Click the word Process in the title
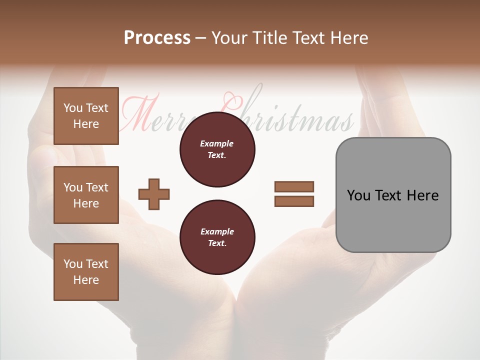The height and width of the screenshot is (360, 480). pyautogui.click(x=157, y=38)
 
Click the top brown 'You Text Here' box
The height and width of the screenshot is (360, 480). pyautogui.click(x=86, y=116)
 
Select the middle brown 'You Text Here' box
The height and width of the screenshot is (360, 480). pyautogui.click(x=86, y=195)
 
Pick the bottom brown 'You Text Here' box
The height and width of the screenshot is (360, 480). pyautogui.click(x=86, y=272)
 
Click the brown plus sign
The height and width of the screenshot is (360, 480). pyautogui.click(x=154, y=193)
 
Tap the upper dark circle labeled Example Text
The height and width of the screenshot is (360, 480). pyautogui.click(x=217, y=149)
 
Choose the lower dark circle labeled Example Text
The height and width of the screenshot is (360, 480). pyautogui.click(x=217, y=237)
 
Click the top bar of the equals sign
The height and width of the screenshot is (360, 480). pyautogui.click(x=294, y=186)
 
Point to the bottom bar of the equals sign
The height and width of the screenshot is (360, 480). pyautogui.click(x=294, y=201)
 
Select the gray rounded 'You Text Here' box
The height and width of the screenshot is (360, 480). pyautogui.click(x=393, y=195)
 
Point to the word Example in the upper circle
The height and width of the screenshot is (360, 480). pyautogui.click(x=217, y=144)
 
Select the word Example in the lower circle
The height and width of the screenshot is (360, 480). pyautogui.click(x=217, y=232)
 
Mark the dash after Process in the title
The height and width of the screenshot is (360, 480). pyautogui.click(x=200, y=38)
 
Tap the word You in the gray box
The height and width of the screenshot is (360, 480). pyautogui.click(x=358, y=195)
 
